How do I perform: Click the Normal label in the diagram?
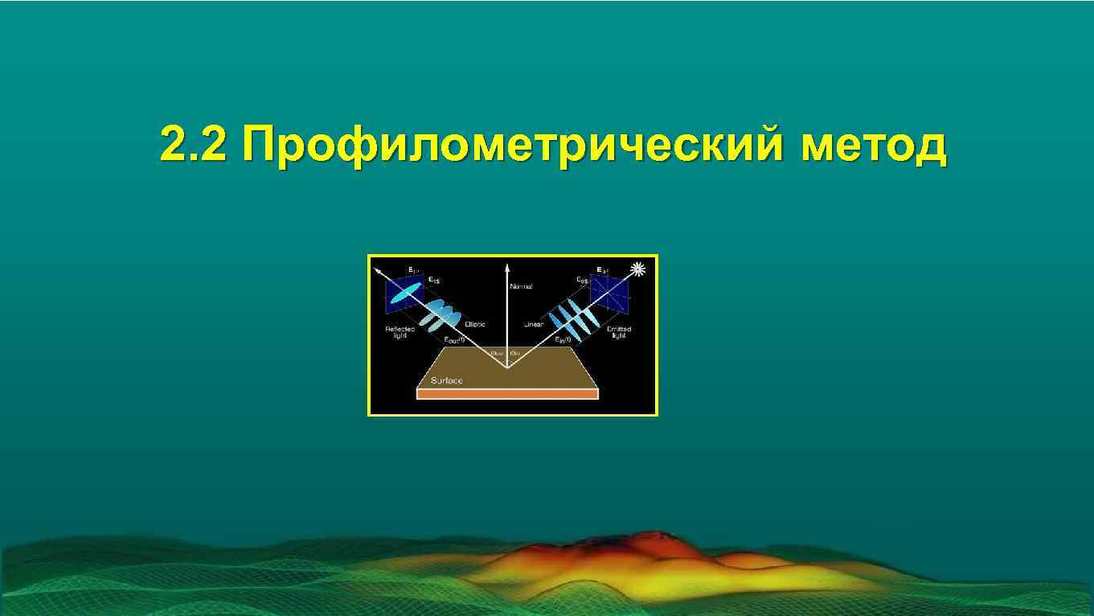coord(521,286)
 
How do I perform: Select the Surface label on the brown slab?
coord(447,380)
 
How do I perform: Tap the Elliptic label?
coord(475,324)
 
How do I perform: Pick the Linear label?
coord(534,324)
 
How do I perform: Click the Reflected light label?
coord(399,332)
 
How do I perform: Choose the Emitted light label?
coord(619,332)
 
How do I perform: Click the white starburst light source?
coord(639,269)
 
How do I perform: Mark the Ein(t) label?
coord(563,340)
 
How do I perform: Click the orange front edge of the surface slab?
coord(507,395)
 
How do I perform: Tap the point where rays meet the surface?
coord(506,368)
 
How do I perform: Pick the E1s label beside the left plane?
coord(433,280)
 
